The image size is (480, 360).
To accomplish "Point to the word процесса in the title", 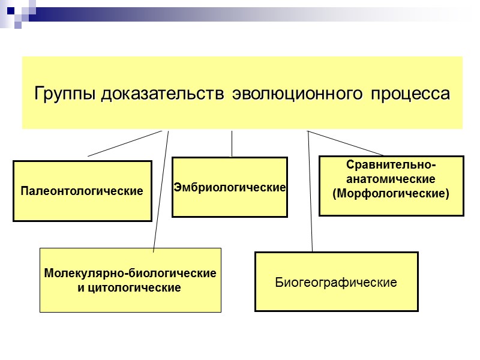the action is coord(409,94).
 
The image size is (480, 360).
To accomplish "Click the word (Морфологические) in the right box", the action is coord(391,194).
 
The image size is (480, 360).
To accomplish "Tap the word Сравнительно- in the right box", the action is coord(391,165).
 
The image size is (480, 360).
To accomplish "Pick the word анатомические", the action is coord(391,179).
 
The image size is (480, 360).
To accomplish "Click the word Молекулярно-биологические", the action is coord(130,274).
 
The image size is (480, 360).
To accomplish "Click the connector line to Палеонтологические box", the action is coord(125,143).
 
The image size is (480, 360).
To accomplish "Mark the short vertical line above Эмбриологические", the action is coord(232,144).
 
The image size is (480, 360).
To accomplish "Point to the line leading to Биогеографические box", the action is coord(310,192).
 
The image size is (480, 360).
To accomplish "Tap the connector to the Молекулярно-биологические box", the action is coord(161,192).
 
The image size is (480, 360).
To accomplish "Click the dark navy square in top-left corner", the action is coord(10,10).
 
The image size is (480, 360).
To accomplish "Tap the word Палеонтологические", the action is coord(82,191).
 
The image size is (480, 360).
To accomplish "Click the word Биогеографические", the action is coord(336,282).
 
